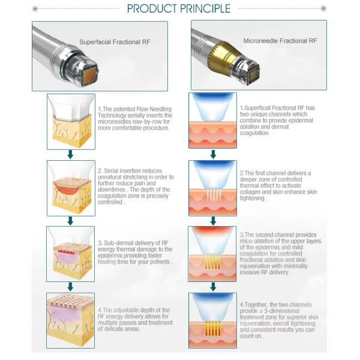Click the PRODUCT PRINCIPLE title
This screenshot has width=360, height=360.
point(179,8)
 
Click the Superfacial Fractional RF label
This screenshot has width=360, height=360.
point(111,43)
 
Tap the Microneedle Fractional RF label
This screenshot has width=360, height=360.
point(280,41)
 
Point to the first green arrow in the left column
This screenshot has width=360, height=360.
point(70,155)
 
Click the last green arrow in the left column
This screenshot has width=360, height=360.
point(70,287)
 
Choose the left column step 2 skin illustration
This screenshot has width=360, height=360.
point(70,187)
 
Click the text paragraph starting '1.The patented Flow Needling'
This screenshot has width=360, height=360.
point(134,119)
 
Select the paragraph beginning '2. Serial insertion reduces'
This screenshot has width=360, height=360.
point(136,185)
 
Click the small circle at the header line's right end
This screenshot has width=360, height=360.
point(324,8)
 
